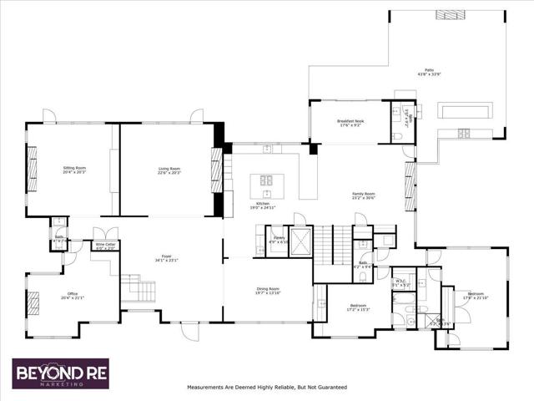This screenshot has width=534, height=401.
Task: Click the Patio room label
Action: (429, 70)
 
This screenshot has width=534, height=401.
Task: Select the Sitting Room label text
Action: (74, 168)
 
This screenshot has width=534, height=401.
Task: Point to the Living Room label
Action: (169, 168)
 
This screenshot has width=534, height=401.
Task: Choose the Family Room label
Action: (364, 195)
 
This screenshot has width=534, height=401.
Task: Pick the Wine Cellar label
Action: (105, 244)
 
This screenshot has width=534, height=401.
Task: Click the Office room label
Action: (73, 294)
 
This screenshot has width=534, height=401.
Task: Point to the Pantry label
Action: (280, 238)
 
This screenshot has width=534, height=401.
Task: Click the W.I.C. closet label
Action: (400, 281)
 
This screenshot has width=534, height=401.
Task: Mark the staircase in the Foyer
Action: (139, 290)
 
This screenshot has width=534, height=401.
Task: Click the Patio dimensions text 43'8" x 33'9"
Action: (429, 75)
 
